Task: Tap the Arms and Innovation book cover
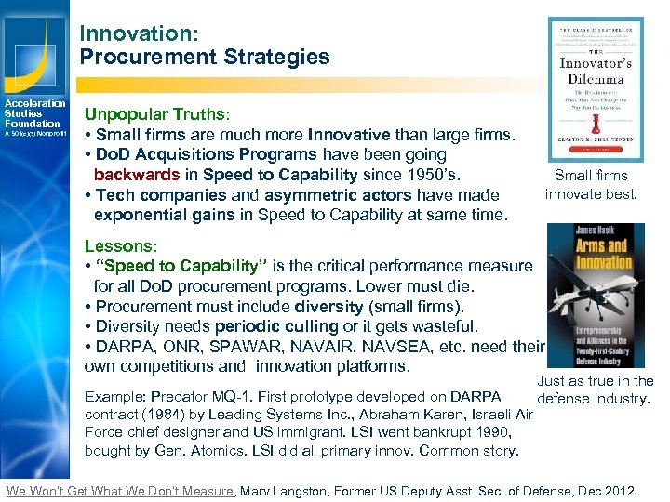coord(596,296)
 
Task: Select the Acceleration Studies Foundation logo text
coord(33,113)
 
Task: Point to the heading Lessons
coord(118,246)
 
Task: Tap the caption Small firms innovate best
coord(591,185)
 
